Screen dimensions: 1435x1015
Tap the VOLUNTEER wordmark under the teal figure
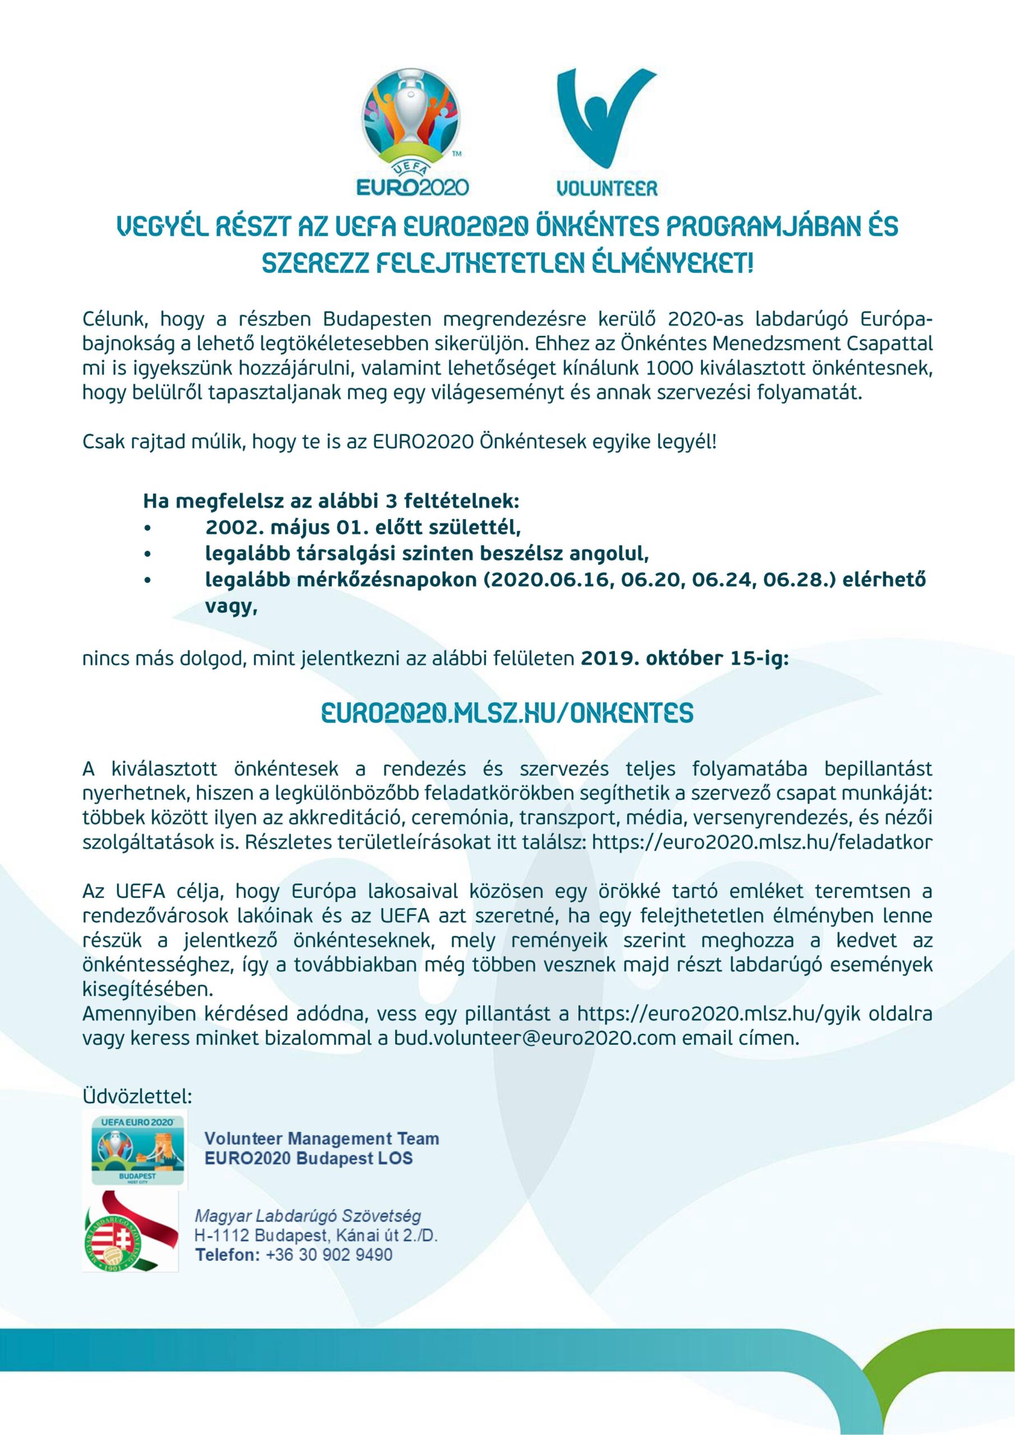pyautogui.click(x=606, y=187)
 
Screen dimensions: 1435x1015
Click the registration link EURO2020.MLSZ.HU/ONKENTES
pyautogui.click(x=507, y=713)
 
